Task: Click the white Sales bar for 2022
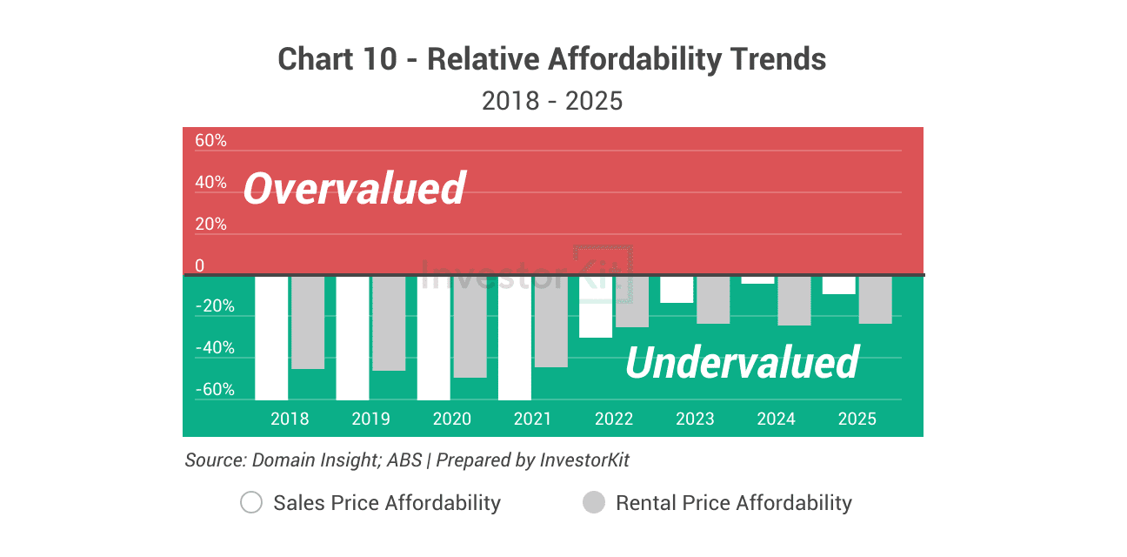pyautogui.click(x=596, y=307)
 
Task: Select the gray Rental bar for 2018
pyautogui.click(x=308, y=322)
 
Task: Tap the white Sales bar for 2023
pyautogui.click(x=677, y=290)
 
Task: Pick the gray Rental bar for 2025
pyautogui.click(x=875, y=299)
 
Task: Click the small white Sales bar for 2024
pyautogui.click(x=757, y=279)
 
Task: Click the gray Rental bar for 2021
pyautogui.click(x=550, y=321)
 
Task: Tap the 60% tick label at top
pyautogui.click(x=210, y=141)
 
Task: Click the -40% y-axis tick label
pyautogui.click(x=214, y=348)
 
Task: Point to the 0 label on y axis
pyautogui.click(x=200, y=265)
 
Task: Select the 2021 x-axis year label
pyautogui.click(x=532, y=419)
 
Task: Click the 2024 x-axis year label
pyautogui.click(x=776, y=419)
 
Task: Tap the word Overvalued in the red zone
pyautogui.click(x=354, y=188)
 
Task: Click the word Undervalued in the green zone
pyautogui.click(x=742, y=362)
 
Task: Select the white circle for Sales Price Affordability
pyautogui.click(x=251, y=503)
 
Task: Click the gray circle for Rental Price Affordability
pyautogui.click(x=593, y=503)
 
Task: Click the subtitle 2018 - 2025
pyautogui.click(x=552, y=101)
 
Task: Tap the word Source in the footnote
pyautogui.click(x=215, y=460)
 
